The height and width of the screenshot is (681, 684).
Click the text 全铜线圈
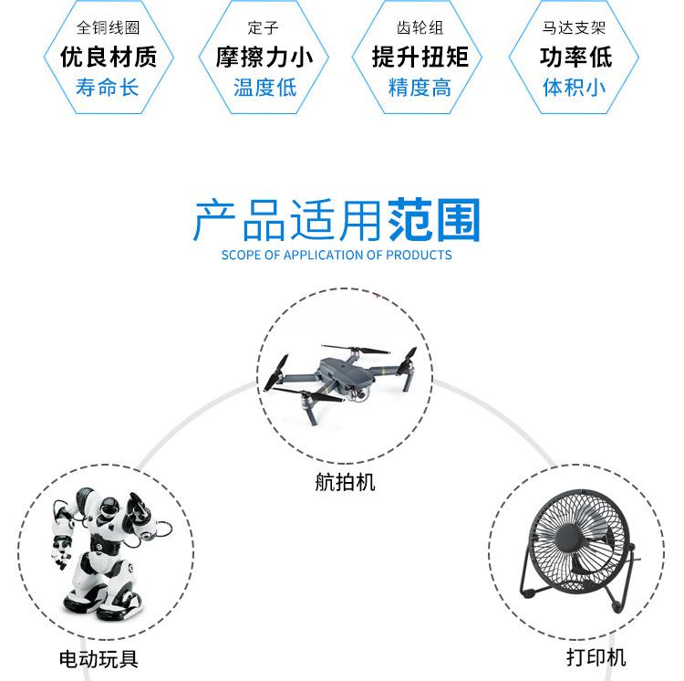point(109,28)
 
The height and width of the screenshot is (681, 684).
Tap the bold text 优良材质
point(109,57)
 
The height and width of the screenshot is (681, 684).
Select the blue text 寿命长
point(109,88)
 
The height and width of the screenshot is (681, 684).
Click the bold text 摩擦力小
point(264,57)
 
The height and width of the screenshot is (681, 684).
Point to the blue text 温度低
point(264,88)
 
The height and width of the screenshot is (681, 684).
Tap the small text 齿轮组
point(420,28)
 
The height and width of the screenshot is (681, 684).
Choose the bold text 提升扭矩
point(420,57)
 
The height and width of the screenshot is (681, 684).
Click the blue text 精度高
point(420,88)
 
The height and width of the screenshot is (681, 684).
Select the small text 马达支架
point(575,28)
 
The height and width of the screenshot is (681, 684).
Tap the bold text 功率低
point(575,57)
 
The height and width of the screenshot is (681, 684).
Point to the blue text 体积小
point(575,88)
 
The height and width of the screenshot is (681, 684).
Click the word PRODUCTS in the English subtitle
point(419,255)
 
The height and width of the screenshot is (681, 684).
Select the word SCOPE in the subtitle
point(240,255)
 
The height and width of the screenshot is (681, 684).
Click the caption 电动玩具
point(98,658)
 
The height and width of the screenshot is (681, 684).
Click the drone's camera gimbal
point(358,393)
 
